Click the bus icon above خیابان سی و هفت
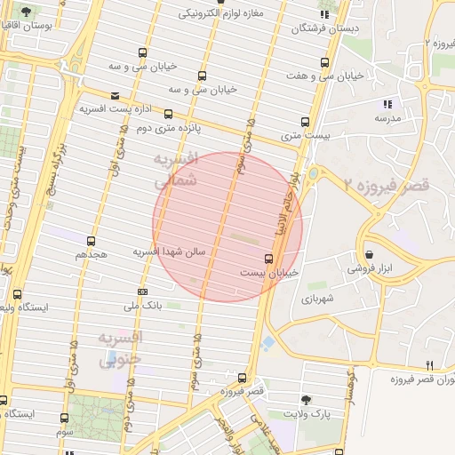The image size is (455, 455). pyautogui.click(x=324, y=63)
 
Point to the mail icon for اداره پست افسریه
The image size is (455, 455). pyautogui.click(x=115, y=96)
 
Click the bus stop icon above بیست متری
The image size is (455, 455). pyautogui.click(x=305, y=122)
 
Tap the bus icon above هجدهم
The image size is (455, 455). pyautogui.click(x=91, y=241)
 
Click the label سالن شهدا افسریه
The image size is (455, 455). pyautogui.click(x=169, y=252)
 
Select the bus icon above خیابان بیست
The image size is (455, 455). pyautogui.click(x=268, y=259)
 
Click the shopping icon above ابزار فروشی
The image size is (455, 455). pyautogui.click(x=368, y=253)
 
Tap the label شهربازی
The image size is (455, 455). pyautogui.click(x=316, y=299)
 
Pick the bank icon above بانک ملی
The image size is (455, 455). pyautogui.click(x=142, y=291)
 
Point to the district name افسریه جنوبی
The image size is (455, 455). pyautogui.click(x=118, y=349)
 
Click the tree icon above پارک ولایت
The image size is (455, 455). pyautogui.click(x=307, y=400)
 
